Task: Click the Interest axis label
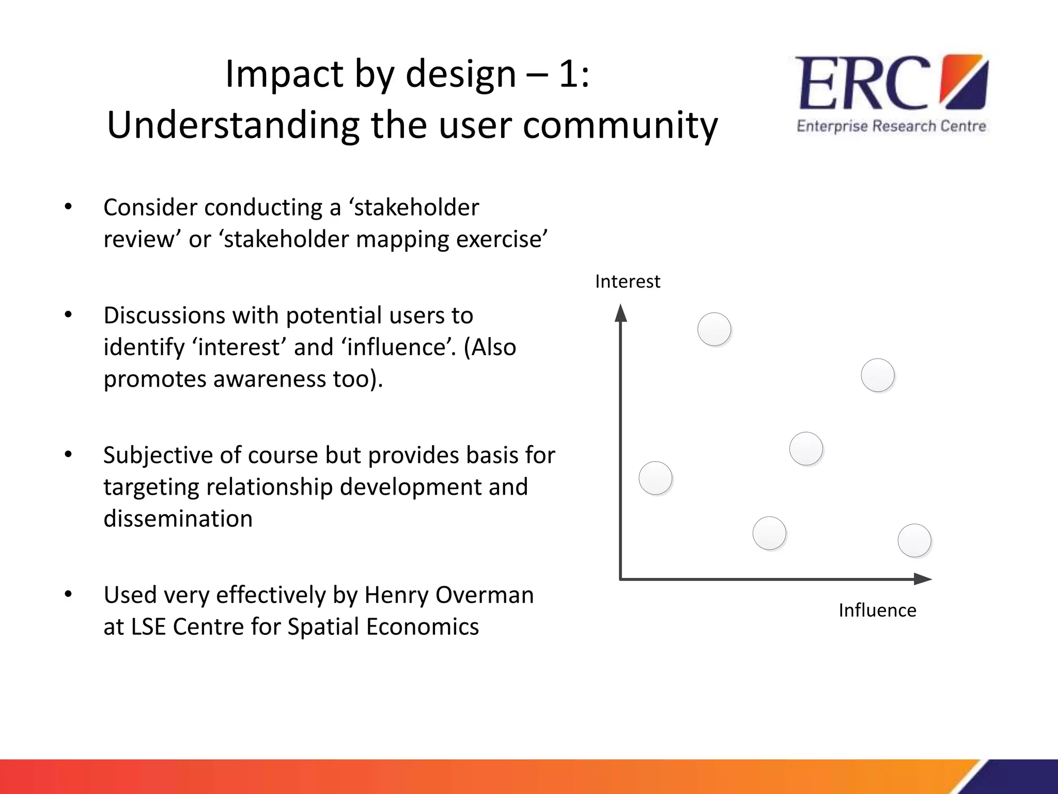pyautogui.click(x=627, y=282)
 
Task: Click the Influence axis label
pyautogui.click(x=877, y=610)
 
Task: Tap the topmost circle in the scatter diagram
pyautogui.click(x=714, y=329)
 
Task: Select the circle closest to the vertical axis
pyautogui.click(x=656, y=478)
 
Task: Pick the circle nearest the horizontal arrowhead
pyautogui.click(x=914, y=541)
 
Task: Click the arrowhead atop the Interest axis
pyautogui.click(x=621, y=313)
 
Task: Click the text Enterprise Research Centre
pyautogui.click(x=891, y=127)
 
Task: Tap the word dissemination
pyautogui.click(x=178, y=519)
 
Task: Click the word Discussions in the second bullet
pyautogui.click(x=164, y=315)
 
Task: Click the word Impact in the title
pyautogui.click(x=284, y=74)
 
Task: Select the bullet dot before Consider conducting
pyautogui.click(x=68, y=207)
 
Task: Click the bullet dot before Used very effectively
pyautogui.click(x=68, y=595)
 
